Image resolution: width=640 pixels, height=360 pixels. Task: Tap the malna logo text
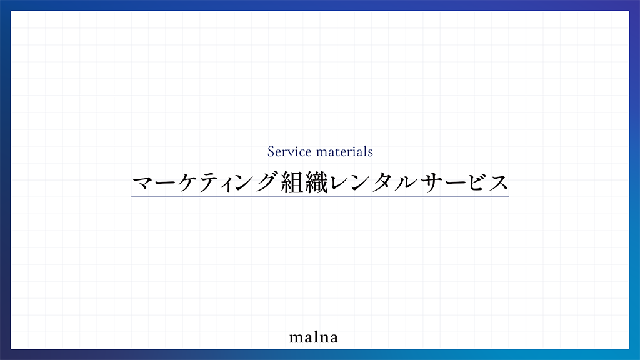314,337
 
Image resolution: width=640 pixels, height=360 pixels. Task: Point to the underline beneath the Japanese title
320,197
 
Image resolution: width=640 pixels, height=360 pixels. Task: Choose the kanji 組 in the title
293,182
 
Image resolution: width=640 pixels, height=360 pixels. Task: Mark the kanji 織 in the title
317,182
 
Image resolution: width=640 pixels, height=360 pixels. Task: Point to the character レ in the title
339,182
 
